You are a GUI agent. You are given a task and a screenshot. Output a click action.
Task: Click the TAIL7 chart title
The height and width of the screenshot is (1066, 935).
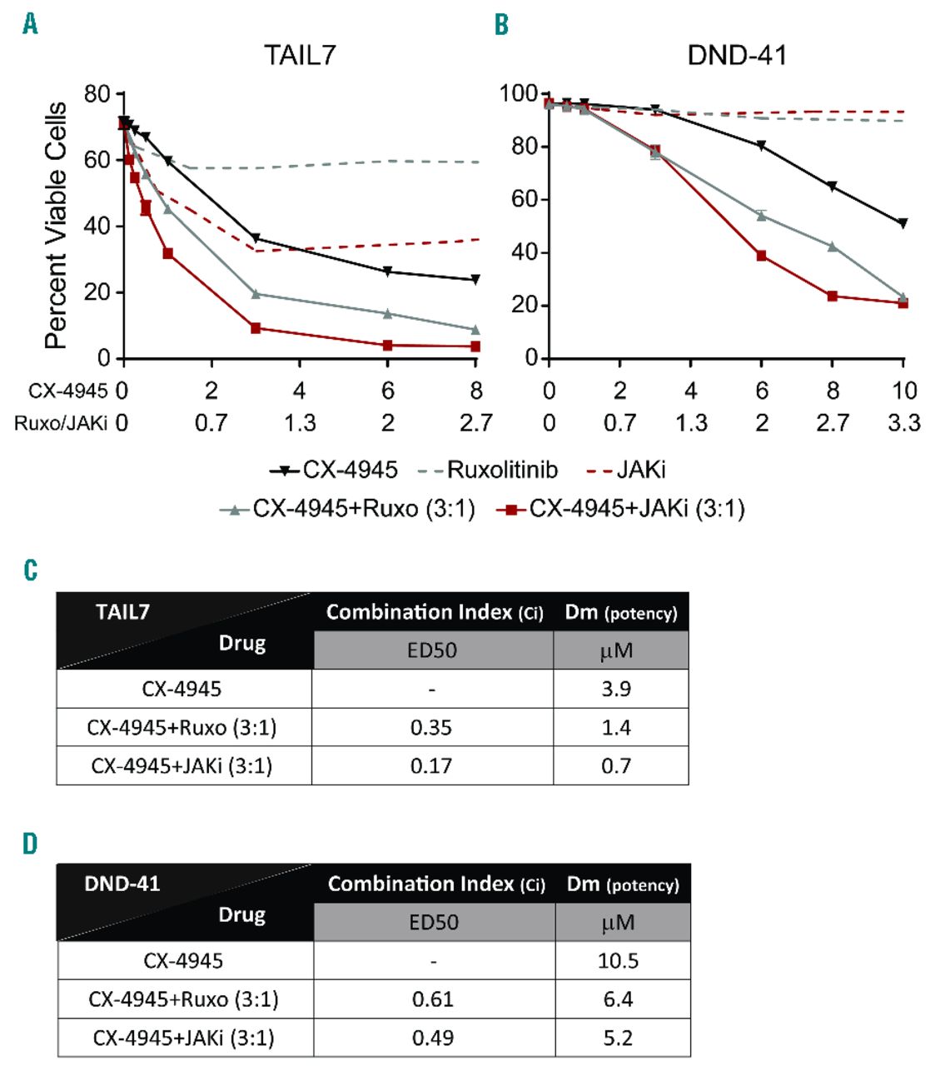(x=300, y=55)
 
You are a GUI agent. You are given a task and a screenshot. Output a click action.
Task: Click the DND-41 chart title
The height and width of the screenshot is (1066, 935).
(x=736, y=55)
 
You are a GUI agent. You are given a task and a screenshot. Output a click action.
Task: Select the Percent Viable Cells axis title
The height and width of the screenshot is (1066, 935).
(x=56, y=225)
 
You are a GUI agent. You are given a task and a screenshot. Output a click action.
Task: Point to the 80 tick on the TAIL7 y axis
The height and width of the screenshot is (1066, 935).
(x=97, y=94)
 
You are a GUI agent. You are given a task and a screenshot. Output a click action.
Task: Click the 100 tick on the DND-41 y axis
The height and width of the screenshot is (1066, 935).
(x=518, y=93)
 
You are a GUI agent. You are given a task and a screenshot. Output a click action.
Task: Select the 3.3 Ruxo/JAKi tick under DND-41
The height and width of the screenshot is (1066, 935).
(x=904, y=423)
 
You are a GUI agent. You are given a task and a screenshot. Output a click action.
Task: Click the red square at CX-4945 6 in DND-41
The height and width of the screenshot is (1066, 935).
(x=761, y=256)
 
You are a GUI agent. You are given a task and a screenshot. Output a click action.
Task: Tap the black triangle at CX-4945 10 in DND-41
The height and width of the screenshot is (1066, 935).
(x=903, y=223)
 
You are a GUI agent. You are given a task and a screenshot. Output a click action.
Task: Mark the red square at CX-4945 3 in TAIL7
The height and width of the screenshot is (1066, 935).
(x=256, y=328)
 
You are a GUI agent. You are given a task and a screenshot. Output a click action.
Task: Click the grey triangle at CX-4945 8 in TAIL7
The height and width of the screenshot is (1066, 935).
(x=475, y=330)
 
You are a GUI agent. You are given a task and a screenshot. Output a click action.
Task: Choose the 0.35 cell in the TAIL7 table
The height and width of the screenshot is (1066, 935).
(x=431, y=728)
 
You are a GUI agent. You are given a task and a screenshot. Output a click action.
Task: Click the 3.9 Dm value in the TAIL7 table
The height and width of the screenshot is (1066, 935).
(x=616, y=690)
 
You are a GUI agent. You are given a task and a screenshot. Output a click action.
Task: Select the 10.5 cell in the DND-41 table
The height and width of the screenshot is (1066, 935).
(x=618, y=961)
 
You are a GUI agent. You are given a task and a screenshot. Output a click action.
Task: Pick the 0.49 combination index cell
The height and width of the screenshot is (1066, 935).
(x=433, y=1038)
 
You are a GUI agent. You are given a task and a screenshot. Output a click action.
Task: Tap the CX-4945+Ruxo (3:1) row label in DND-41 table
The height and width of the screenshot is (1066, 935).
(x=183, y=999)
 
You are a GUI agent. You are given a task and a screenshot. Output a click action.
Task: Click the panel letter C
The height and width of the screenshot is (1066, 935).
(x=31, y=570)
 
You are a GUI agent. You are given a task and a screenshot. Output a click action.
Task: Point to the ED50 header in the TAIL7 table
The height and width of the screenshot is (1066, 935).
(x=432, y=650)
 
